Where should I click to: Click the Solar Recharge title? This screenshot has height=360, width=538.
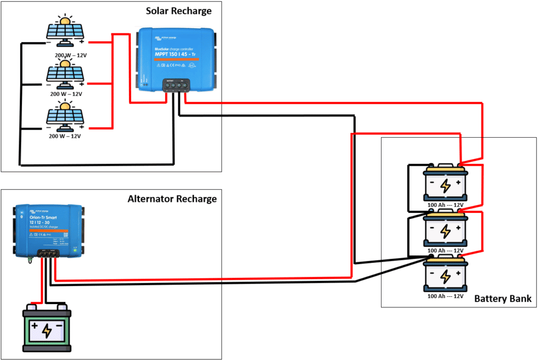point(178,11)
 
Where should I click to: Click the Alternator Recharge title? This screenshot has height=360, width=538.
point(172,199)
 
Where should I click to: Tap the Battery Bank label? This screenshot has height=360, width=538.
point(503,298)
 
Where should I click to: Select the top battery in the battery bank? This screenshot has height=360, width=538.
point(445,183)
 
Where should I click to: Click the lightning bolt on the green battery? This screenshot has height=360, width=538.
point(47,330)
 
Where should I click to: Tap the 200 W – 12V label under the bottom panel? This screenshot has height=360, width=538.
point(65,136)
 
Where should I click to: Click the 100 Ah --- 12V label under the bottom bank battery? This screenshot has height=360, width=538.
point(446,296)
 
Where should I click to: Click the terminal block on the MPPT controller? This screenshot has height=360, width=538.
point(175,85)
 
